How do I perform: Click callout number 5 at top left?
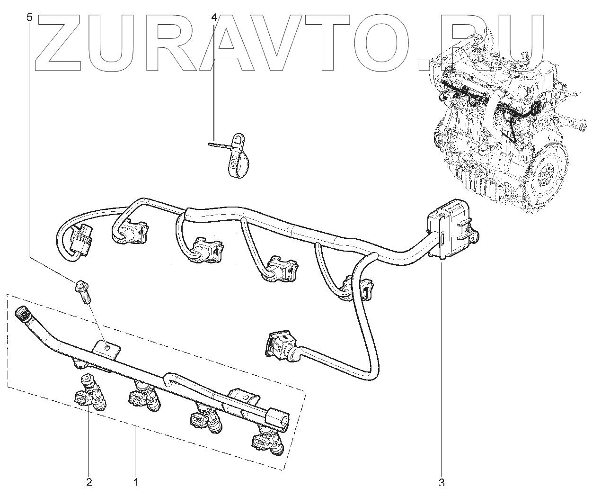point(30,18)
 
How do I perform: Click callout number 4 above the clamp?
point(214,18)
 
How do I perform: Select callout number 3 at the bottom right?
point(442,482)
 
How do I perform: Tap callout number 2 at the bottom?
point(89,482)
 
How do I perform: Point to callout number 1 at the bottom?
point(136,482)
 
